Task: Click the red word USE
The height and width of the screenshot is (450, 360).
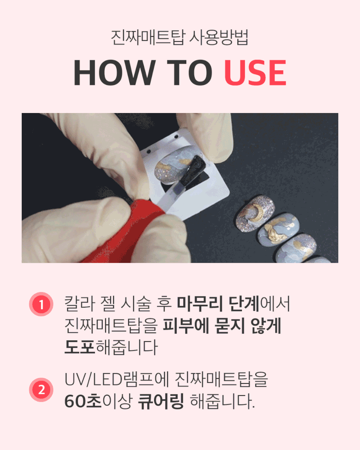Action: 255,72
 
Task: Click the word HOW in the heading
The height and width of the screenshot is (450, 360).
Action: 115,72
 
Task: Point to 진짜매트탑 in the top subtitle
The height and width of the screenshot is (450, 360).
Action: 148,37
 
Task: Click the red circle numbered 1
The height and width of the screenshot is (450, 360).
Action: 41,304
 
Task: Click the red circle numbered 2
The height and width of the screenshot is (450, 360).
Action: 41,390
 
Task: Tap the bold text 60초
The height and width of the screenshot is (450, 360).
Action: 83,401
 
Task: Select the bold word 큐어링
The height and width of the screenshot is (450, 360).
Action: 160,401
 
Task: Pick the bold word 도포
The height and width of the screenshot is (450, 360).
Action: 80,347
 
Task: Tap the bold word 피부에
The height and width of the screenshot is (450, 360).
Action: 186,325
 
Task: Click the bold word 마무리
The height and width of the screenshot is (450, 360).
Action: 200,303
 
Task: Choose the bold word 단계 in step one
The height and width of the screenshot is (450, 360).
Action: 244,303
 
